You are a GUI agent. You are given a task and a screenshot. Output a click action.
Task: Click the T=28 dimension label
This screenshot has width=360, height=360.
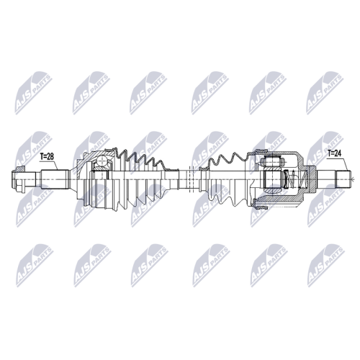click(47, 157)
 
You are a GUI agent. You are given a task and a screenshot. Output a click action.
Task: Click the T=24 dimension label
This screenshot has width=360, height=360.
click(335, 153)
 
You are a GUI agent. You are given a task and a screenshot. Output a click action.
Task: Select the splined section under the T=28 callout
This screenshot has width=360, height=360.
click(53, 179)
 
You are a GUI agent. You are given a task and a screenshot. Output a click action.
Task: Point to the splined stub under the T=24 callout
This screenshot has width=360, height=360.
click(343, 179)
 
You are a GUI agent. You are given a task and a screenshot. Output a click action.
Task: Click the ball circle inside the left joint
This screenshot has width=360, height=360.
click(102, 161)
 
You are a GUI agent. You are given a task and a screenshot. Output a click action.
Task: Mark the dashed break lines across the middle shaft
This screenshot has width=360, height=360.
click(192, 179)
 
